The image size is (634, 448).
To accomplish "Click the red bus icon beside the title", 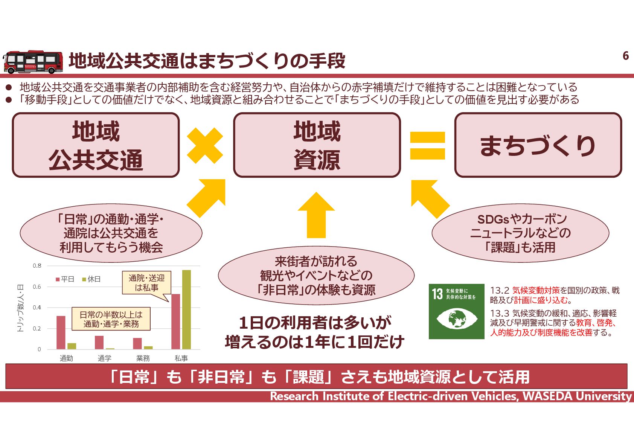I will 33,62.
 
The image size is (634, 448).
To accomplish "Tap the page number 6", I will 625,56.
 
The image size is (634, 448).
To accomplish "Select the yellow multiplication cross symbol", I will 205,146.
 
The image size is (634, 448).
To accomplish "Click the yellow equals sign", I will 427,145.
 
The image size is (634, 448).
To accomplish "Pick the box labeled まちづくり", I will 538,145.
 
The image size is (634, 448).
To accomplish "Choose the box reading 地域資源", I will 317,145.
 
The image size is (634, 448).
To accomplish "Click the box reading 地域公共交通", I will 96,145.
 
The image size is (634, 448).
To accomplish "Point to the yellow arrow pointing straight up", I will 316,215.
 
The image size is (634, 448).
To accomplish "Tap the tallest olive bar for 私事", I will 186,309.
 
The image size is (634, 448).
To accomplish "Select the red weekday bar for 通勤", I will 61,332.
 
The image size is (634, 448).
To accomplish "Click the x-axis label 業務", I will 143,358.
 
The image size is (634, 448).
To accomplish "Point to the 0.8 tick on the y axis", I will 37,266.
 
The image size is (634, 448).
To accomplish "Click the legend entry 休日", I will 91,279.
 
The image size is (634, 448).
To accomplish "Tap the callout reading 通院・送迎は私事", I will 146,283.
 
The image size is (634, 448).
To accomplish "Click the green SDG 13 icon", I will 456,311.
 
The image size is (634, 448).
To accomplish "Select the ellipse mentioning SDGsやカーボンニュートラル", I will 520,233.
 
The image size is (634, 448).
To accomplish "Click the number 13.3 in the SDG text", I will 499,314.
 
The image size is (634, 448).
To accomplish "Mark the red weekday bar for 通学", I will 99,342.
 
